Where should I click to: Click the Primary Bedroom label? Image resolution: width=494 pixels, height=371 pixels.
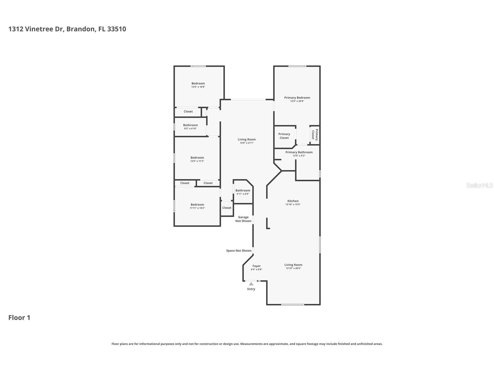point(297,98)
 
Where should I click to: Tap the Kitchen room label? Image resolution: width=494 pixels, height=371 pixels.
point(293,201)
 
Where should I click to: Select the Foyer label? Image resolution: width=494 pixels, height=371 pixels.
point(256,266)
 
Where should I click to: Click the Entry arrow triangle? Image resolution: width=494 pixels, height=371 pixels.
point(251,284)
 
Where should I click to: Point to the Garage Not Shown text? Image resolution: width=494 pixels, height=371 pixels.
point(243,219)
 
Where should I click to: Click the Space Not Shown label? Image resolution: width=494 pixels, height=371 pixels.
point(239,251)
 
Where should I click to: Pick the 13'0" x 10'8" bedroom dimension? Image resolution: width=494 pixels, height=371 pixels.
point(198,87)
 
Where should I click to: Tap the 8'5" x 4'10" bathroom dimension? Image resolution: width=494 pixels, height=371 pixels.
point(190,129)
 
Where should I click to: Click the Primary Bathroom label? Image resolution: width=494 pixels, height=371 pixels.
point(299,152)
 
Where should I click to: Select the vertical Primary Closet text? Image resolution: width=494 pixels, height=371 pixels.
point(315,135)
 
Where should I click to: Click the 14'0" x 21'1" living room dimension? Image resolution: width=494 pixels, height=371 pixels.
point(247,143)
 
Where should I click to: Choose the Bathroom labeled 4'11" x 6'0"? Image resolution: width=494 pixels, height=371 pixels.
point(243,190)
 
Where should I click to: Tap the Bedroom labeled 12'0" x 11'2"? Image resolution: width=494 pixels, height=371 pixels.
point(197,157)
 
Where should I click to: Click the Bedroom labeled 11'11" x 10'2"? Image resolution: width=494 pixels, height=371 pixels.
point(197,204)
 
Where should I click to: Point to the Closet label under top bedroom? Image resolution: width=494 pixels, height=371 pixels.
point(188,111)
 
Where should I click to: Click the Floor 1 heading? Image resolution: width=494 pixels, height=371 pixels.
point(19,318)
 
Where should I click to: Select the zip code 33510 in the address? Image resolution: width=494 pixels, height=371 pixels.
point(116,29)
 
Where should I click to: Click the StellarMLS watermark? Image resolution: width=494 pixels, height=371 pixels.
point(479,185)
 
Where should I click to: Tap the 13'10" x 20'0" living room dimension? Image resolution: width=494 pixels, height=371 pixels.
point(293,268)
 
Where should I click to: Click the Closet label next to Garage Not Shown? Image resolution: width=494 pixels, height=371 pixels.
point(227,208)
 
